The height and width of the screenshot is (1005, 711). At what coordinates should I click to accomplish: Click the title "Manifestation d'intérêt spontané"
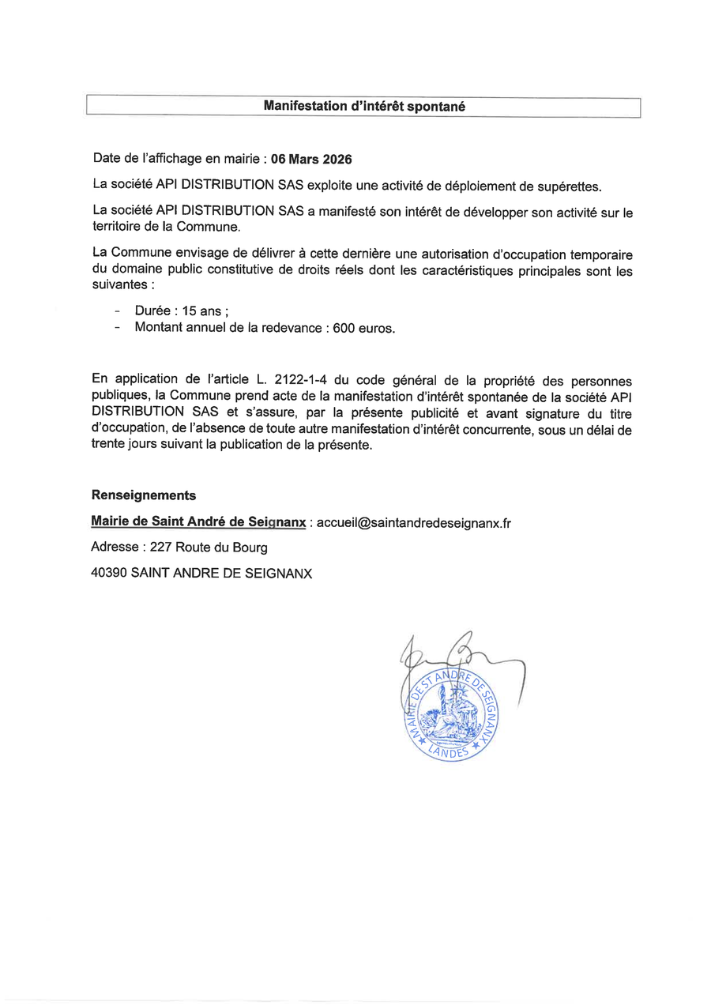point(363,106)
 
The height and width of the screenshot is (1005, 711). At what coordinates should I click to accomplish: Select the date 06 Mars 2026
point(311,159)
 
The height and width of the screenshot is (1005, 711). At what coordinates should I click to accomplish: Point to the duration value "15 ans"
point(204,311)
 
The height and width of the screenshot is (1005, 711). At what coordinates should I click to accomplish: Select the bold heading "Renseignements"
point(144,495)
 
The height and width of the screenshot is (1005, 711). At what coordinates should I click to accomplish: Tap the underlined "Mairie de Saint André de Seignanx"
point(199,522)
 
